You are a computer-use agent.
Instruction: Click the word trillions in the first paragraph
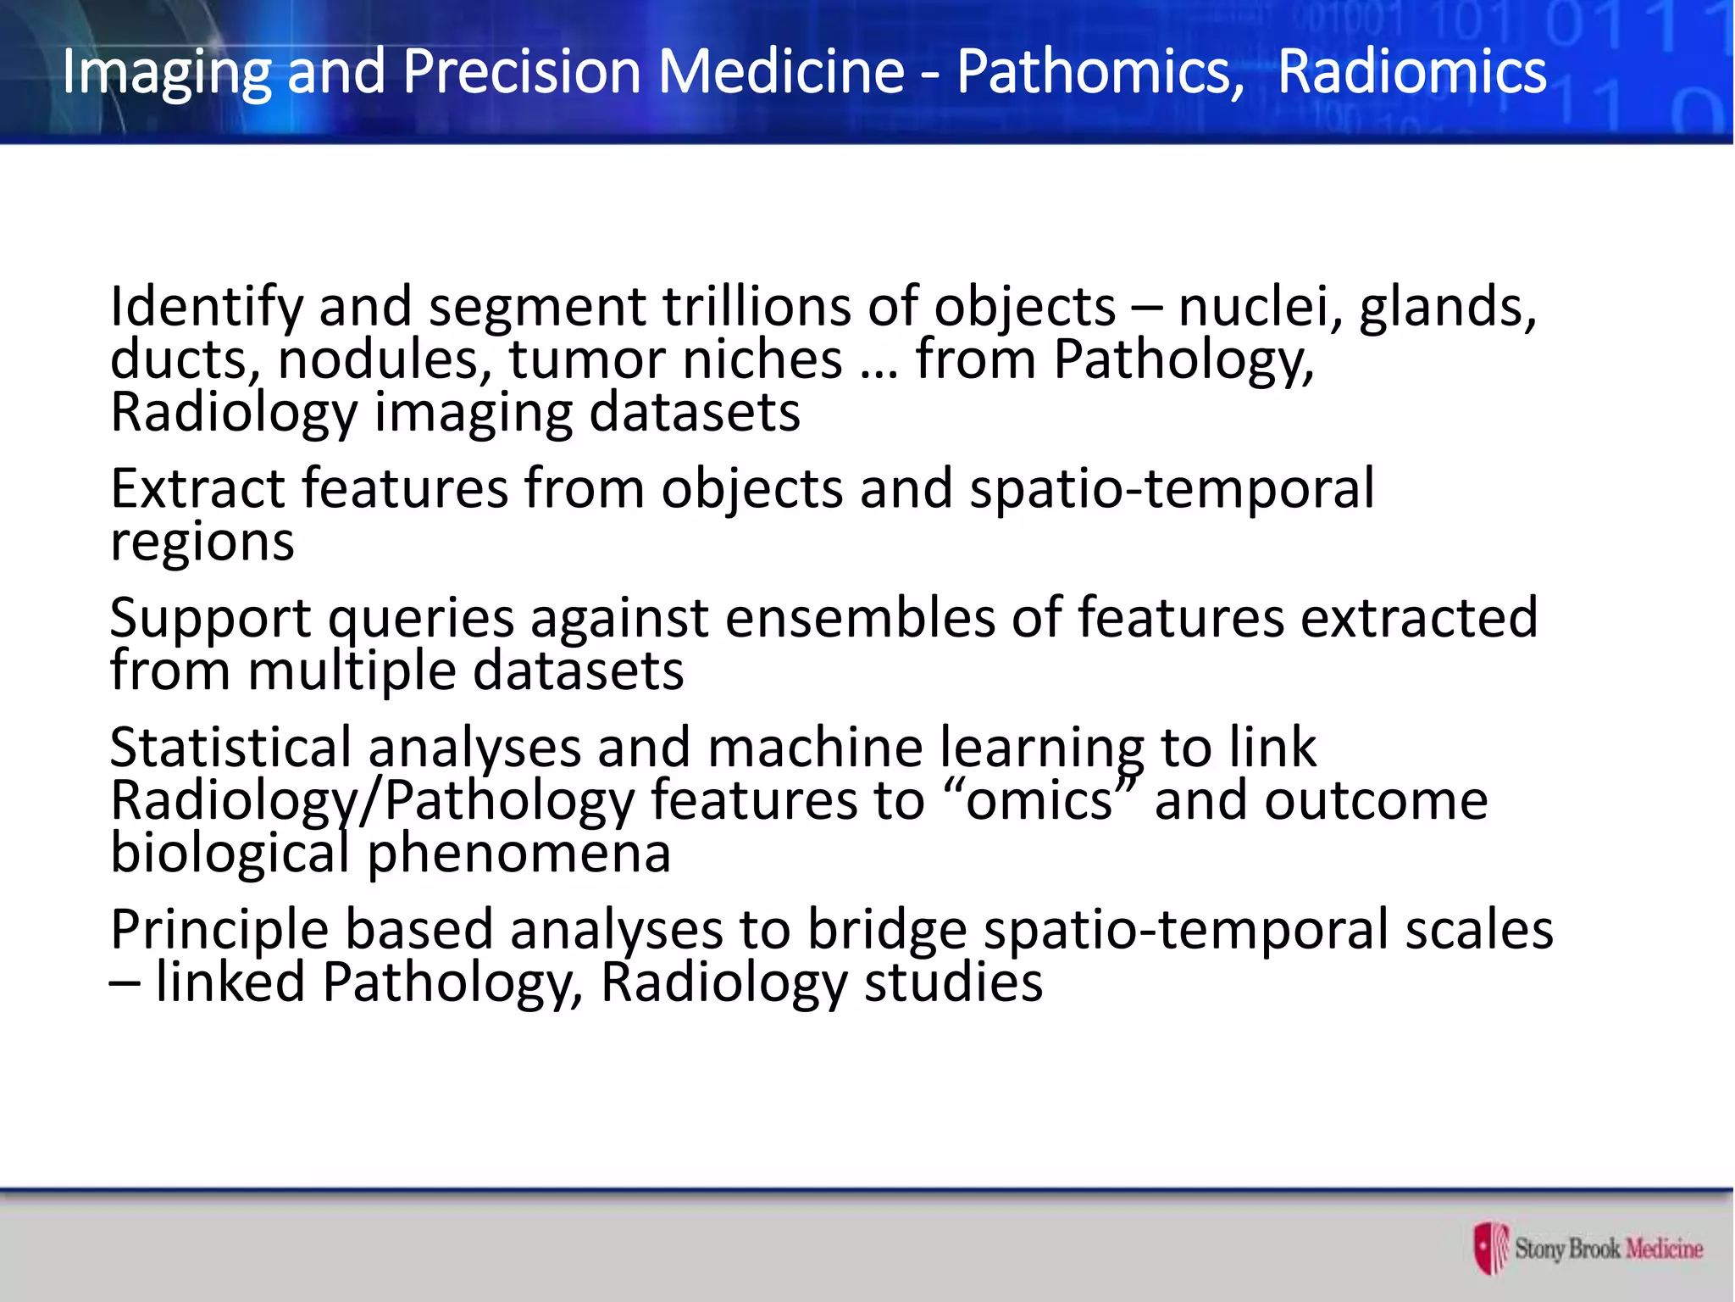756,306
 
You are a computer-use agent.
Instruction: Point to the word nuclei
1259,306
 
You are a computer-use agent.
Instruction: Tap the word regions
202,543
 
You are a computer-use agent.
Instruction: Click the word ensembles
859,618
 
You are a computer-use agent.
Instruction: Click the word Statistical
230,748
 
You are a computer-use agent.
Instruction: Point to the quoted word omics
1039,801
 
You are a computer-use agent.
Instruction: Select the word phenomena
518,854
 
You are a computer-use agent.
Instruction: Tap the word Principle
219,931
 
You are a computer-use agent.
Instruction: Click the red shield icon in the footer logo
1490,1248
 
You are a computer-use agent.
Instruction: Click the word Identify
206,308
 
